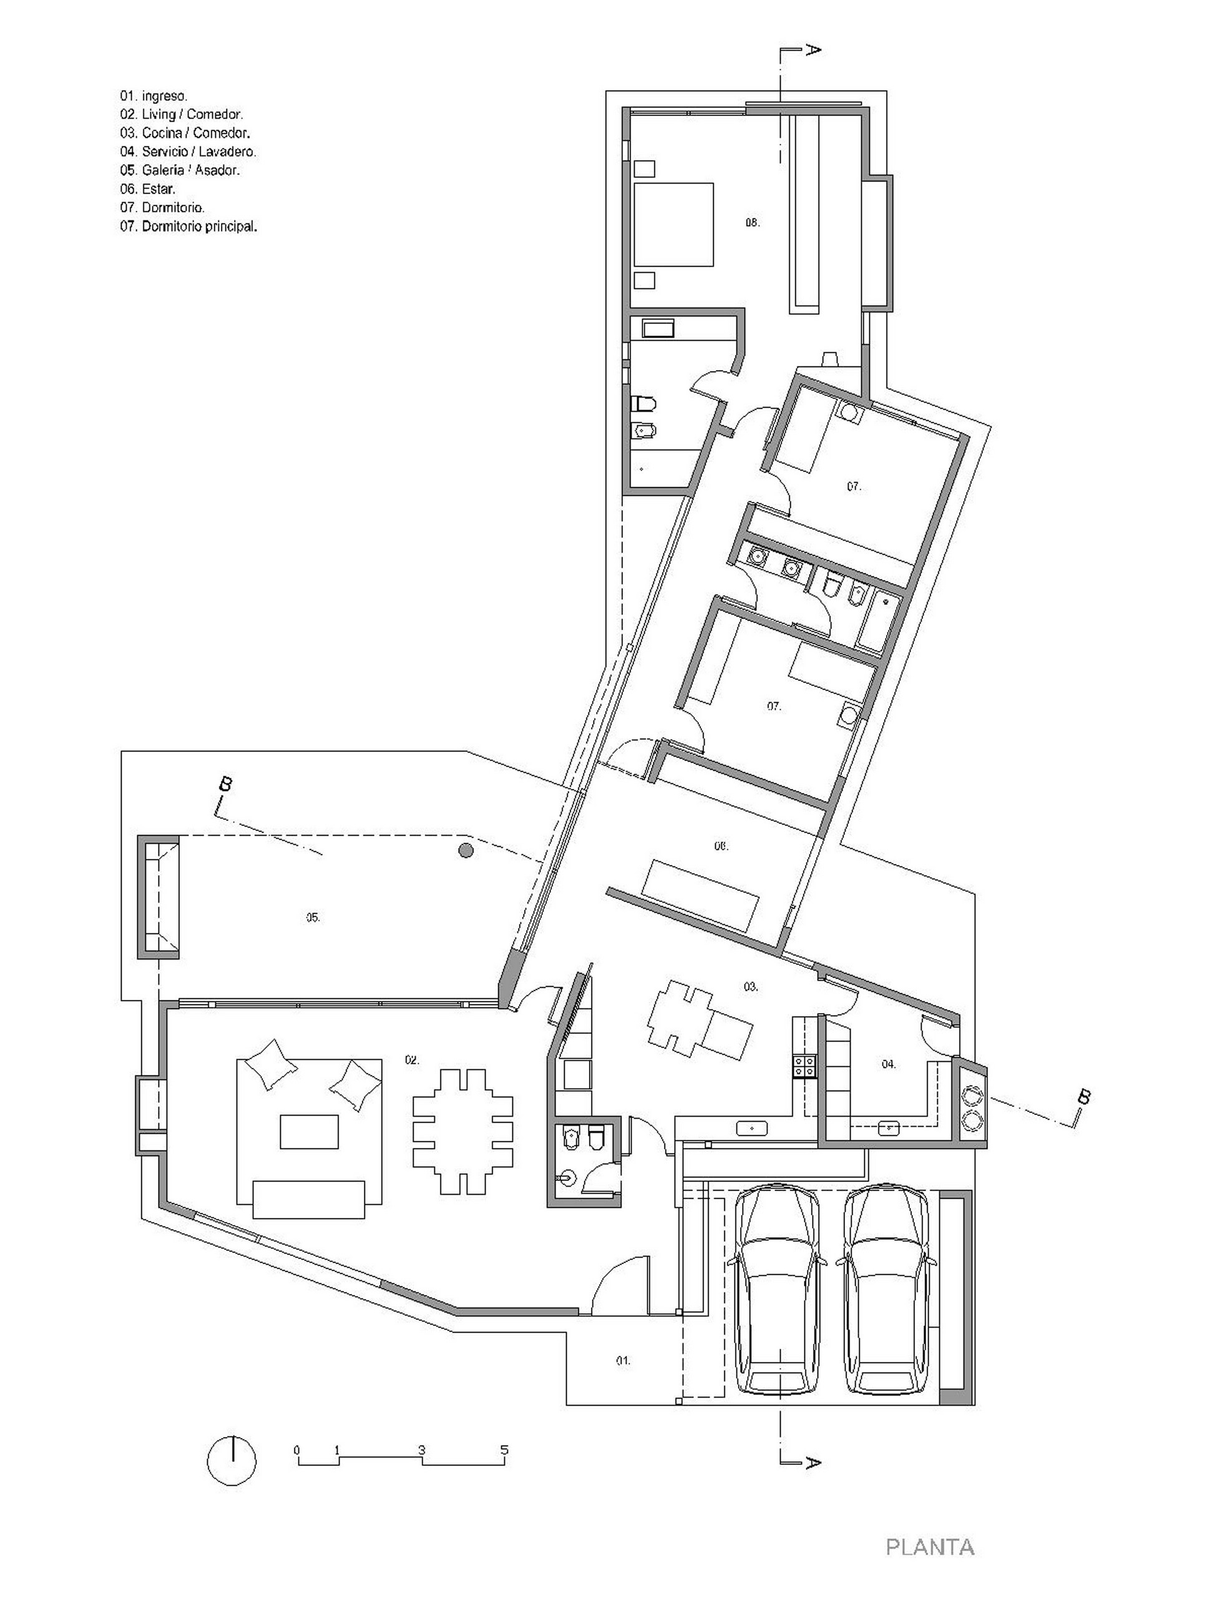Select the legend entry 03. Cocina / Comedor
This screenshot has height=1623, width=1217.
[185, 133]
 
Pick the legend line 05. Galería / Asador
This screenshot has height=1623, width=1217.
[180, 170]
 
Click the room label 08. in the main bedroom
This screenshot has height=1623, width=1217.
[752, 222]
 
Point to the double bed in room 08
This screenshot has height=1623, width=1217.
[673, 223]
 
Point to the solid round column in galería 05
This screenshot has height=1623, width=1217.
[465, 850]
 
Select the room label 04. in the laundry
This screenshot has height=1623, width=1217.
[888, 1064]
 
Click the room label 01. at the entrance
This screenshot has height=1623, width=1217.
[622, 1361]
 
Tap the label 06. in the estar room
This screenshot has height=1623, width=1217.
[721, 846]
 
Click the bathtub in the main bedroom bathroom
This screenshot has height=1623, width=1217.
[658, 328]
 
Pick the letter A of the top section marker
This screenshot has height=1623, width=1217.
[812, 50]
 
